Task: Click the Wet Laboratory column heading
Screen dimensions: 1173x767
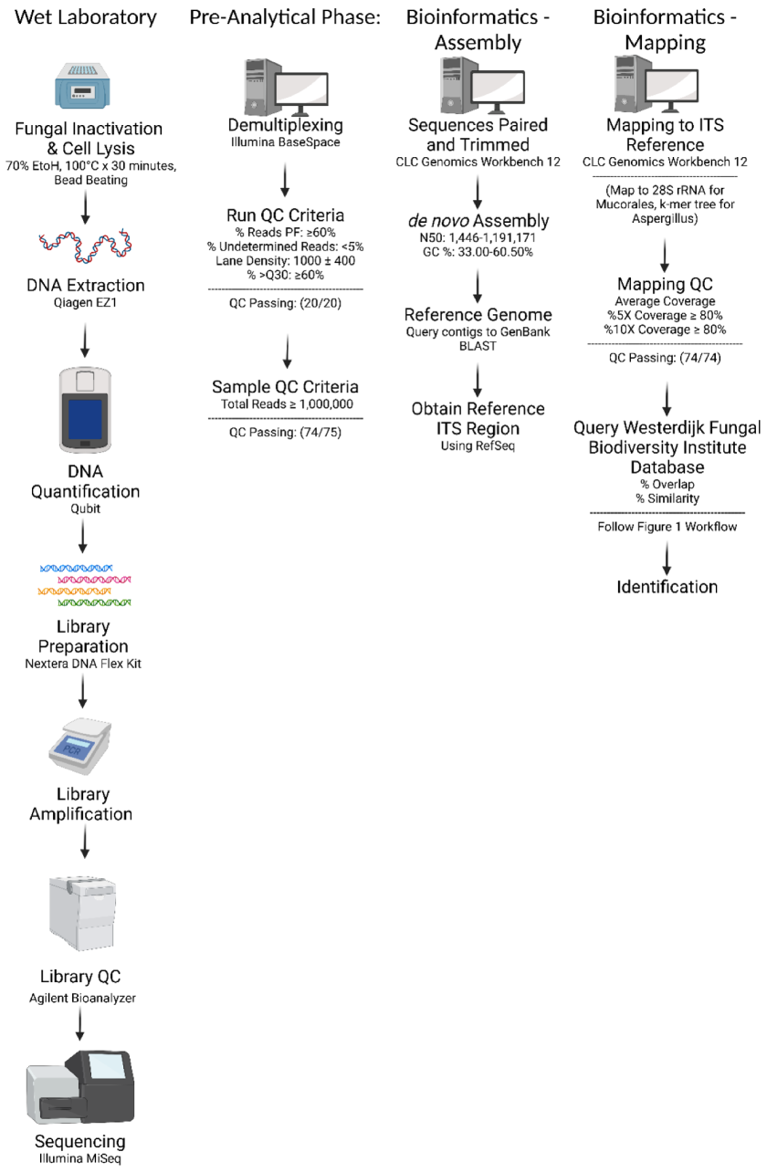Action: click(87, 17)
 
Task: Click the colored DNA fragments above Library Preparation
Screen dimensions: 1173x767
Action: click(84, 585)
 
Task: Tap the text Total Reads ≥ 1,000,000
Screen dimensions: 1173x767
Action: click(285, 403)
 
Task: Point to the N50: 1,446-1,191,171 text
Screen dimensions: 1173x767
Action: click(478, 237)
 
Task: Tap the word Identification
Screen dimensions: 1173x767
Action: click(667, 586)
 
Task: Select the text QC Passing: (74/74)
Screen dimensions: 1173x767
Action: click(667, 358)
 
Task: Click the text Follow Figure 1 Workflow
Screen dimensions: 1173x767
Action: click(667, 527)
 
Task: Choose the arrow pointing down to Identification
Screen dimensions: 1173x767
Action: click(667, 557)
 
